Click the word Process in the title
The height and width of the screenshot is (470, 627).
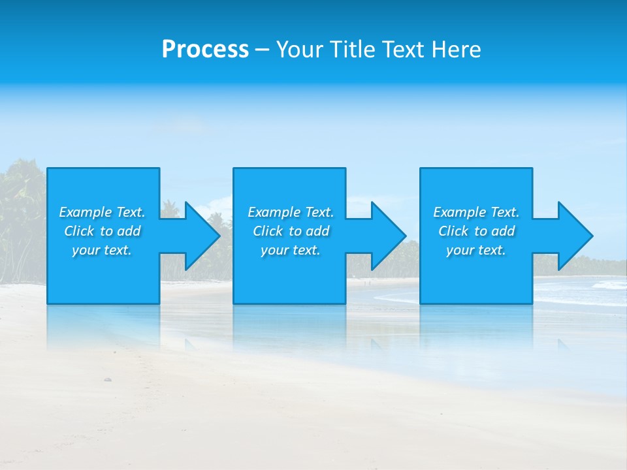click(x=205, y=50)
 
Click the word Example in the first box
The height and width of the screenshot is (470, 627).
click(x=86, y=212)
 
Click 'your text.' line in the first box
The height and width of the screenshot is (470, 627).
click(x=102, y=250)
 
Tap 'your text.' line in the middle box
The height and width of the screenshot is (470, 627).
click(x=291, y=250)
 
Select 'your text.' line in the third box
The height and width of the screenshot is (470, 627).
click(x=476, y=250)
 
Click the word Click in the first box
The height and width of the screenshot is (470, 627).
click(x=79, y=231)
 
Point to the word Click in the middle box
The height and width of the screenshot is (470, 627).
click(x=268, y=231)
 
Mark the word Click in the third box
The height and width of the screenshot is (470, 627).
click(x=453, y=231)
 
